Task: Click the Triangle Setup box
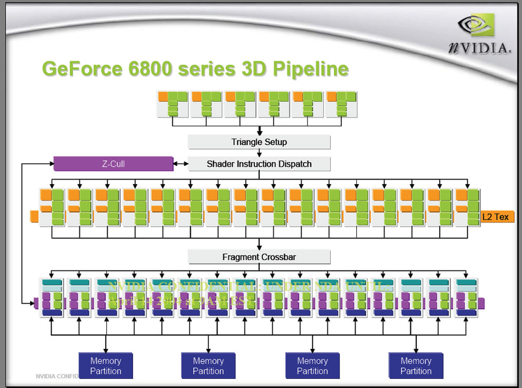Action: (259, 142)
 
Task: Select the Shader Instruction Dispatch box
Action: (259, 164)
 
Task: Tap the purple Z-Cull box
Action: (113, 164)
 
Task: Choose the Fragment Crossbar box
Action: (259, 257)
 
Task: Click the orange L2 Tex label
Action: (498, 216)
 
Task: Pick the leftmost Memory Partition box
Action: (106, 366)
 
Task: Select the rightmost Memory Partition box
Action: (416, 366)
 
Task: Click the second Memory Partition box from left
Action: (208, 366)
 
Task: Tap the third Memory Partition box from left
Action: (312, 366)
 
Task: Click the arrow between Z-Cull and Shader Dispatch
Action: (179, 164)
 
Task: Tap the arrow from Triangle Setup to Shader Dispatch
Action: (260, 153)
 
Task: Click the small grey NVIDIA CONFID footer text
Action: (55, 376)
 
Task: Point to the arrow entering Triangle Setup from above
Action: (260, 130)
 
